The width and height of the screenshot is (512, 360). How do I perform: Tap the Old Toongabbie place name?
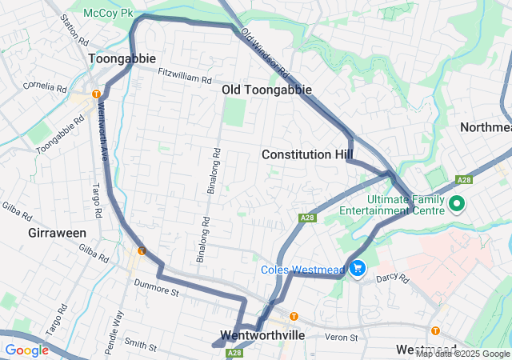266,90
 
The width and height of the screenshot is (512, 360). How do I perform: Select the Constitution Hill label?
308,154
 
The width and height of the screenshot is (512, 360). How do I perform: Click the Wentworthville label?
262,335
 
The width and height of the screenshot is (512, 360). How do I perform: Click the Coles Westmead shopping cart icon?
356,268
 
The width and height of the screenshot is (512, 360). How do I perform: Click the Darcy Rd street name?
392,278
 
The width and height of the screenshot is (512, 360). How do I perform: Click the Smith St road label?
140,345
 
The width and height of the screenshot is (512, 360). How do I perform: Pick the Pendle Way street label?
118,326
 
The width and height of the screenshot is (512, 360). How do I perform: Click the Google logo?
26,350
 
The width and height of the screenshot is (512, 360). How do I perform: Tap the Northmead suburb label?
485,128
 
